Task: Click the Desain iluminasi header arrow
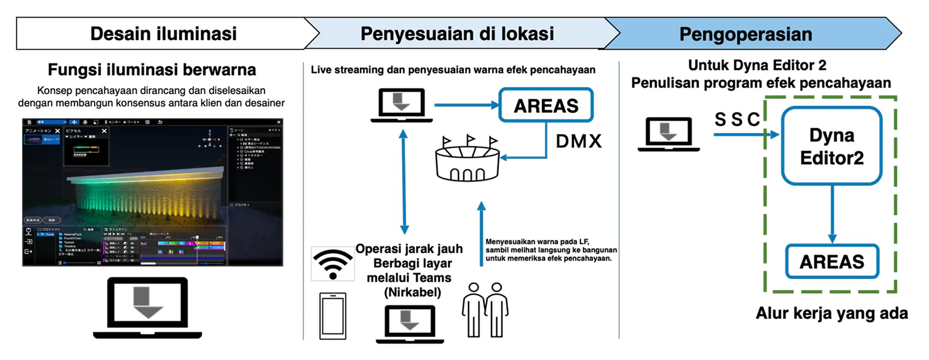(x=163, y=34)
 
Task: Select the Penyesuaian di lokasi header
(x=457, y=34)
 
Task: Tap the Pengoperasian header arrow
(x=746, y=34)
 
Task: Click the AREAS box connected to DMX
(x=546, y=105)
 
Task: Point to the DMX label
(x=579, y=141)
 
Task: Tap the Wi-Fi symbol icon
(x=333, y=264)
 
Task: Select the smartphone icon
(x=333, y=316)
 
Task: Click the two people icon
(x=485, y=310)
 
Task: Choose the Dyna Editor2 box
(x=831, y=146)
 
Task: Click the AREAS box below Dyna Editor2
(x=832, y=262)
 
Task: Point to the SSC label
(x=737, y=119)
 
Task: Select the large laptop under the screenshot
(x=148, y=308)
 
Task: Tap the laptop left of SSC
(x=669, y=135)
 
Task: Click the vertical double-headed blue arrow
(x=403, y=182)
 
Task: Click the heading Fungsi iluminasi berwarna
(x=152, y=70)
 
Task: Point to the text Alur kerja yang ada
(x=831, y=313)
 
